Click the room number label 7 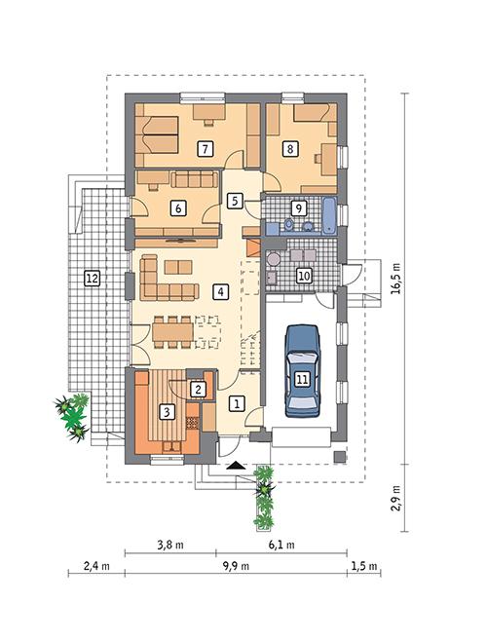click(205, 149)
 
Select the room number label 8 click(289, 149)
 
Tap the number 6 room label click(177, 207)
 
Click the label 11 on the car click(302, 379)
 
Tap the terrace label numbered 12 click(92, 279)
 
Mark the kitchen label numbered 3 click(168, 412)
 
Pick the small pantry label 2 click(198, 390)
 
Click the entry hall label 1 click(235, 400)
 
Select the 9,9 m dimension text click(236, 564)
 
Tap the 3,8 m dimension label click(170, 545)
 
